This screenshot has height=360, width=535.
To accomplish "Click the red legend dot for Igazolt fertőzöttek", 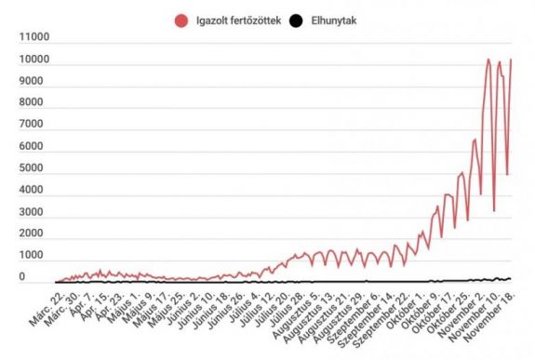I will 179,19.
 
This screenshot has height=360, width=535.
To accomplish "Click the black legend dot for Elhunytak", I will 296,19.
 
